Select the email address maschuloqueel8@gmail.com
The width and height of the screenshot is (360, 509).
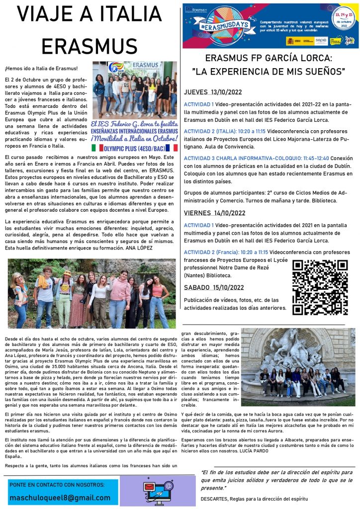coord(60,497)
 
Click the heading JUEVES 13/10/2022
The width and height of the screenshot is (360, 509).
coord(214,92)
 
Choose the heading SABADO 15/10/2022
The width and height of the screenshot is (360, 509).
coord(214,287)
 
